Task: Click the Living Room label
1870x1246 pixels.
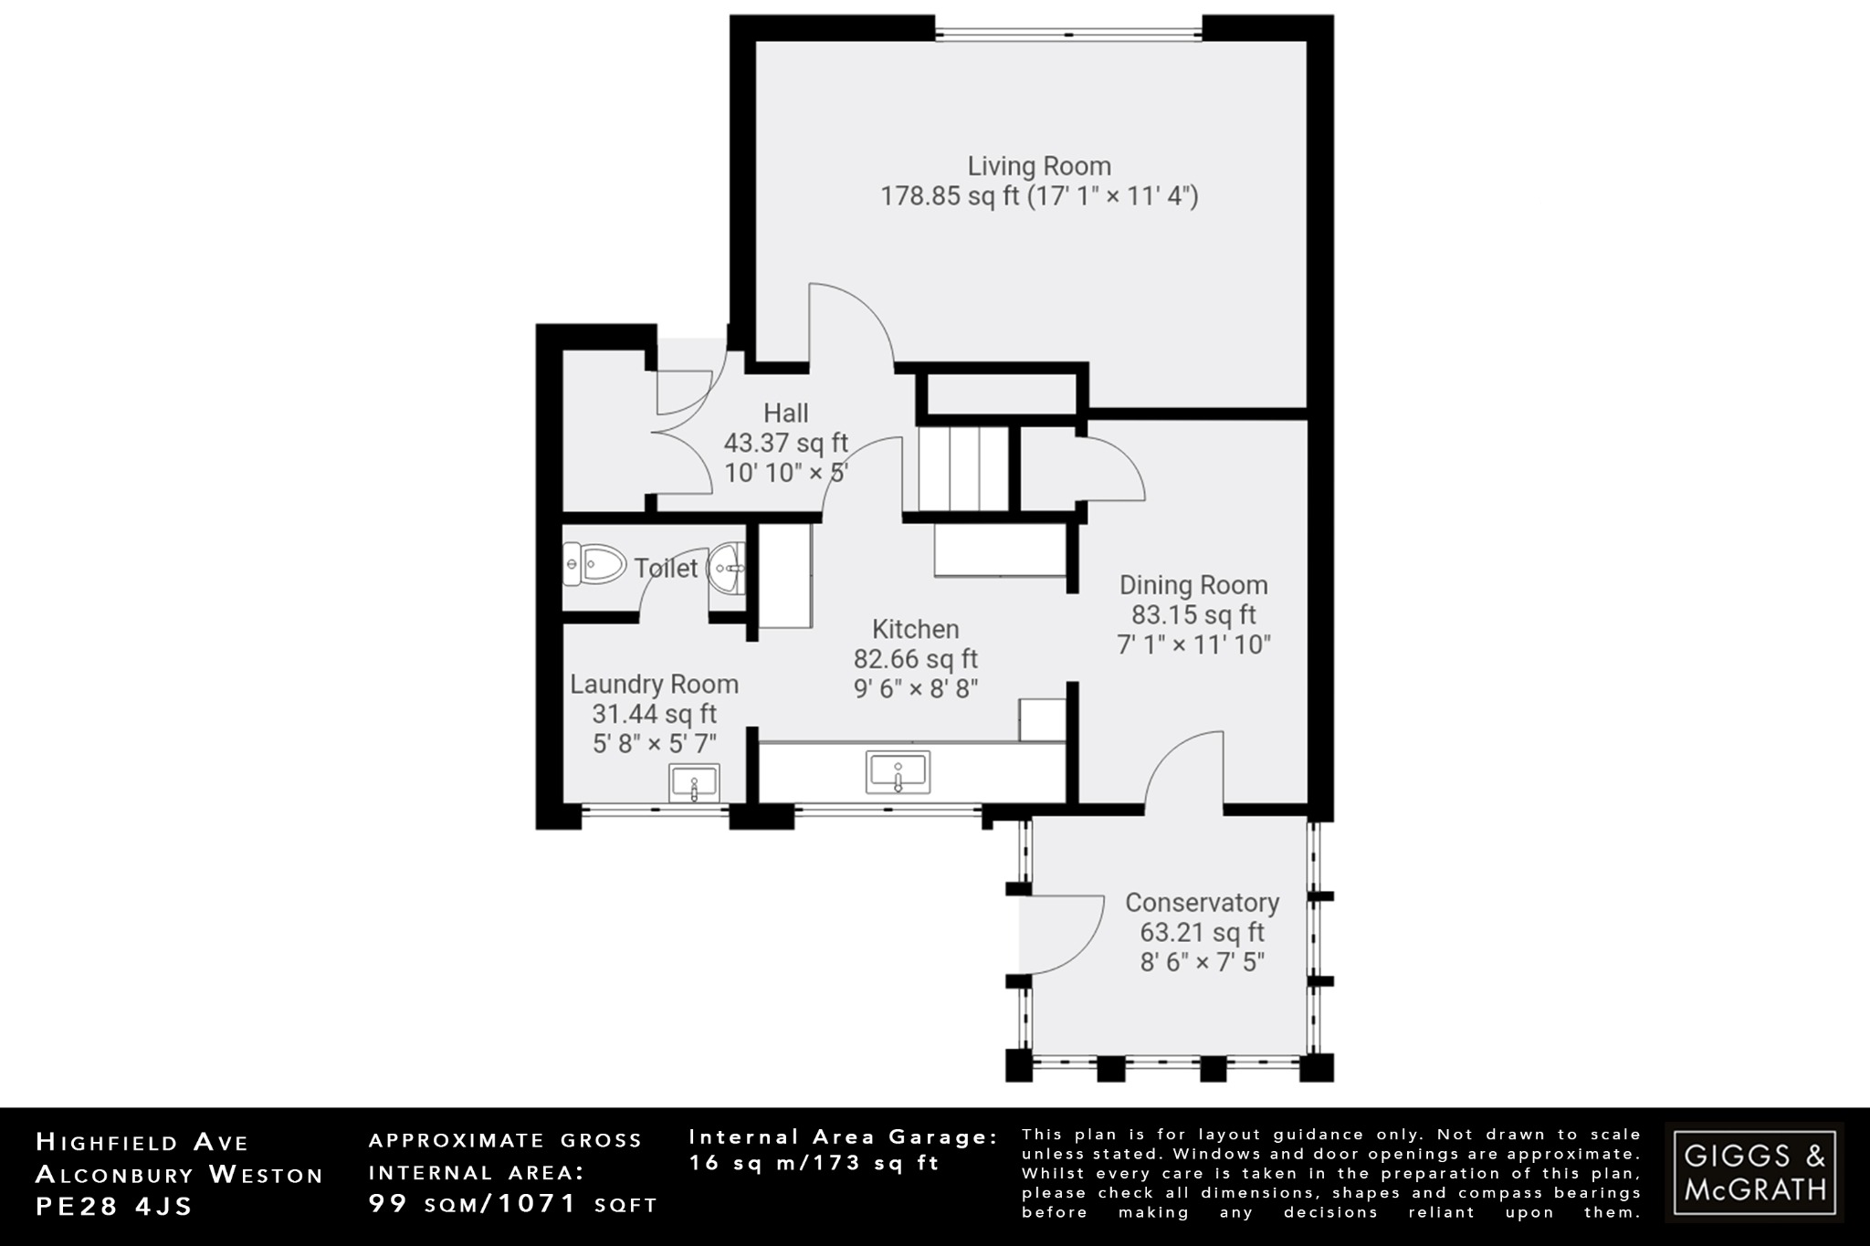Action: tap(1039, 166)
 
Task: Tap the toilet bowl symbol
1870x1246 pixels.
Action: tap(594, 564)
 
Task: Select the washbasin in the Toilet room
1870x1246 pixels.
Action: tap(728, 568)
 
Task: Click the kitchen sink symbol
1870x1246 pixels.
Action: tap(898, 772)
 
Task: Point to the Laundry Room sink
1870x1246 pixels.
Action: tap(694, 783)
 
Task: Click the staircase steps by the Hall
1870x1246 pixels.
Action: tap(962, 470)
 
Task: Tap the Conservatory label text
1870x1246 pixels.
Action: tap(1202, 903)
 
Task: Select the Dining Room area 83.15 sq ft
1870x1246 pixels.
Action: tap(1193, 615)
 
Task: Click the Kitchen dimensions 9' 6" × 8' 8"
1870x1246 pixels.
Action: tap(916, 688)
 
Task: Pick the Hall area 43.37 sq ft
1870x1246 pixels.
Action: tap(785, 444)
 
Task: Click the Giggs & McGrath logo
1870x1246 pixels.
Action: tap(1754, 1172)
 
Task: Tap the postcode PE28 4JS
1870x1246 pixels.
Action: tap(114, 1206)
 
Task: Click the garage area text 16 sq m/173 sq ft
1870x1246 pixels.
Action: tap(814, 1164)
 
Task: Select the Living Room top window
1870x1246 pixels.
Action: tap(1068, 36)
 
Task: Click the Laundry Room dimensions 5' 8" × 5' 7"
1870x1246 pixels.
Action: tap(654, 744)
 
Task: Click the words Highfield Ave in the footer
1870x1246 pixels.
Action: tap(142, 1142)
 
